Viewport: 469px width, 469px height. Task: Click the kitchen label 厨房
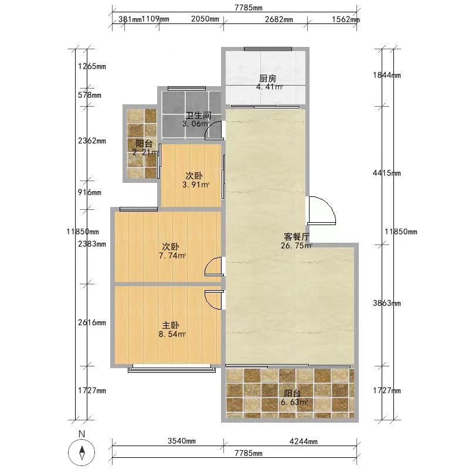(x=267, y=79)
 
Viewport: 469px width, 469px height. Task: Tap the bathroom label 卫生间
(x=199, y=115)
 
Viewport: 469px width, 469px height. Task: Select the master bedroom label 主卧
(x=171, y=325)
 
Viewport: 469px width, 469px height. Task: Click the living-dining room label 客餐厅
(x=297, y=237)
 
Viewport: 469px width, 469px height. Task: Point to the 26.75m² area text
(x=297, y=246)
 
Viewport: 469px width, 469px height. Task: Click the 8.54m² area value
(x=172, y=334)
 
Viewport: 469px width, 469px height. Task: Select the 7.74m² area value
(x=172, y=256)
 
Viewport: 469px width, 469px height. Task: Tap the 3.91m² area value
(x=196, y=185)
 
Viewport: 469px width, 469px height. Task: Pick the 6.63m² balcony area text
(x=294, y=402)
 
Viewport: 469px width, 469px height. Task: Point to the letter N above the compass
(x=81, y=434)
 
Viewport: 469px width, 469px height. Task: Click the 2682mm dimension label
(x=279, y=19)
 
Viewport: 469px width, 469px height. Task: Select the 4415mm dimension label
(x=386, y=173)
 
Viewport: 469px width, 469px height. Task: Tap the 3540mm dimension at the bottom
(x=182, y=441)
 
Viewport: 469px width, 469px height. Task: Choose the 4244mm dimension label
(x=303, y=441)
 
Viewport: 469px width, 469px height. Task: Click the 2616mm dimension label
(x=92, y=322)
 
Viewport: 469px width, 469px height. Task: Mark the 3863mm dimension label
(x=386, y=303)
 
